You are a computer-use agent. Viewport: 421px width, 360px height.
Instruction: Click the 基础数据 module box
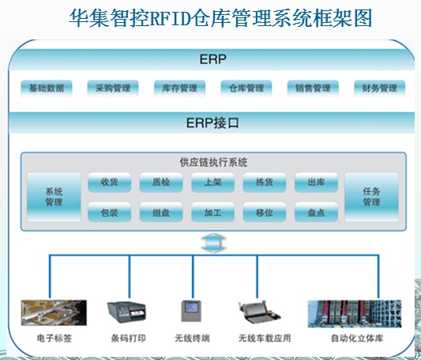(47, 88)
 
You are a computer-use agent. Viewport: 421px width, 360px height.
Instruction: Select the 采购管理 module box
(113, 88)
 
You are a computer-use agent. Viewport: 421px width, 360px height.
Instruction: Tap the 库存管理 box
(179, 88)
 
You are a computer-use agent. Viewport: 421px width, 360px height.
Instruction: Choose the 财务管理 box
(380, 88)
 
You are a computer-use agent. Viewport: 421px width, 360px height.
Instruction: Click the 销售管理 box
(313, 88)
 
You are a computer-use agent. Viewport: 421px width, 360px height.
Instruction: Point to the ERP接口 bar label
(212, 123)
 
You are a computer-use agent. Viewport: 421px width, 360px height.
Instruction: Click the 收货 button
(110, 182)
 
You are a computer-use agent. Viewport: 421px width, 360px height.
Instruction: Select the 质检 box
(161, 182)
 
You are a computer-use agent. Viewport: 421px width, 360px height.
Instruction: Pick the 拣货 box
(265, 182)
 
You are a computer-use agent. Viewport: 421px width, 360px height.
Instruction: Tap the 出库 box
(316, 182)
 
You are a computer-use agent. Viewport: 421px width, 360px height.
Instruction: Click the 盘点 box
(316, 212)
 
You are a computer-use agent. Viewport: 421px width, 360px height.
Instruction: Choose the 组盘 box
(161, 212)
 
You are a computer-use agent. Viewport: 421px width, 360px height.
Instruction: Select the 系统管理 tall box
(54, 197)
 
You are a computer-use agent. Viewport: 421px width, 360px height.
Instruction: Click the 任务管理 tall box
(371, 197)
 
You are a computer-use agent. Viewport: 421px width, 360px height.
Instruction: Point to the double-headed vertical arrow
(213, 243)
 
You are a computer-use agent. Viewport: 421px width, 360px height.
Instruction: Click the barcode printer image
(126, 312)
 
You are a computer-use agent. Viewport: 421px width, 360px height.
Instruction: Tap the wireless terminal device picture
(191, 311)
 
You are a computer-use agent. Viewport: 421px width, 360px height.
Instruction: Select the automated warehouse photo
(355, 313)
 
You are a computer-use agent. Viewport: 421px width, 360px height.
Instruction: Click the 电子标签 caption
(55, 338)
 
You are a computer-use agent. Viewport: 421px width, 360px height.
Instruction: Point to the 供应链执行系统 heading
(213, 162)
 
